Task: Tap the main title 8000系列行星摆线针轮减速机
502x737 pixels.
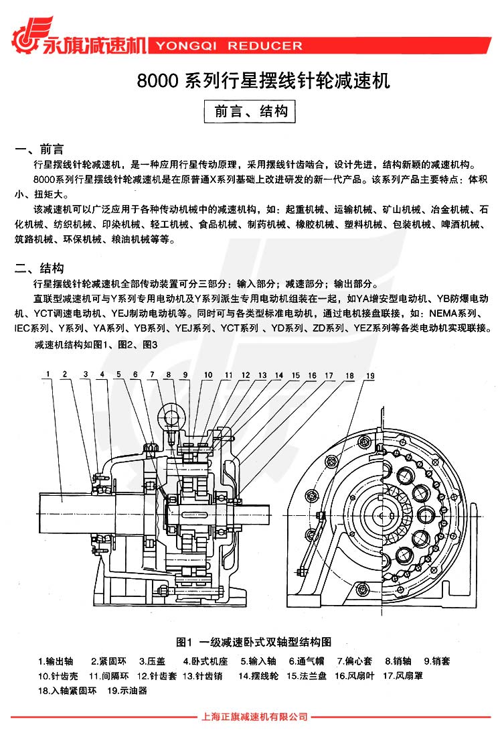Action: point(263,82)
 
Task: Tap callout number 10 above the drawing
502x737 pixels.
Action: point(208,375)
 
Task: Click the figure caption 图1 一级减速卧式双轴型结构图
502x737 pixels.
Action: point(254,642)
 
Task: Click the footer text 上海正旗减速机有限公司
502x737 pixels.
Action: point(254,717)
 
